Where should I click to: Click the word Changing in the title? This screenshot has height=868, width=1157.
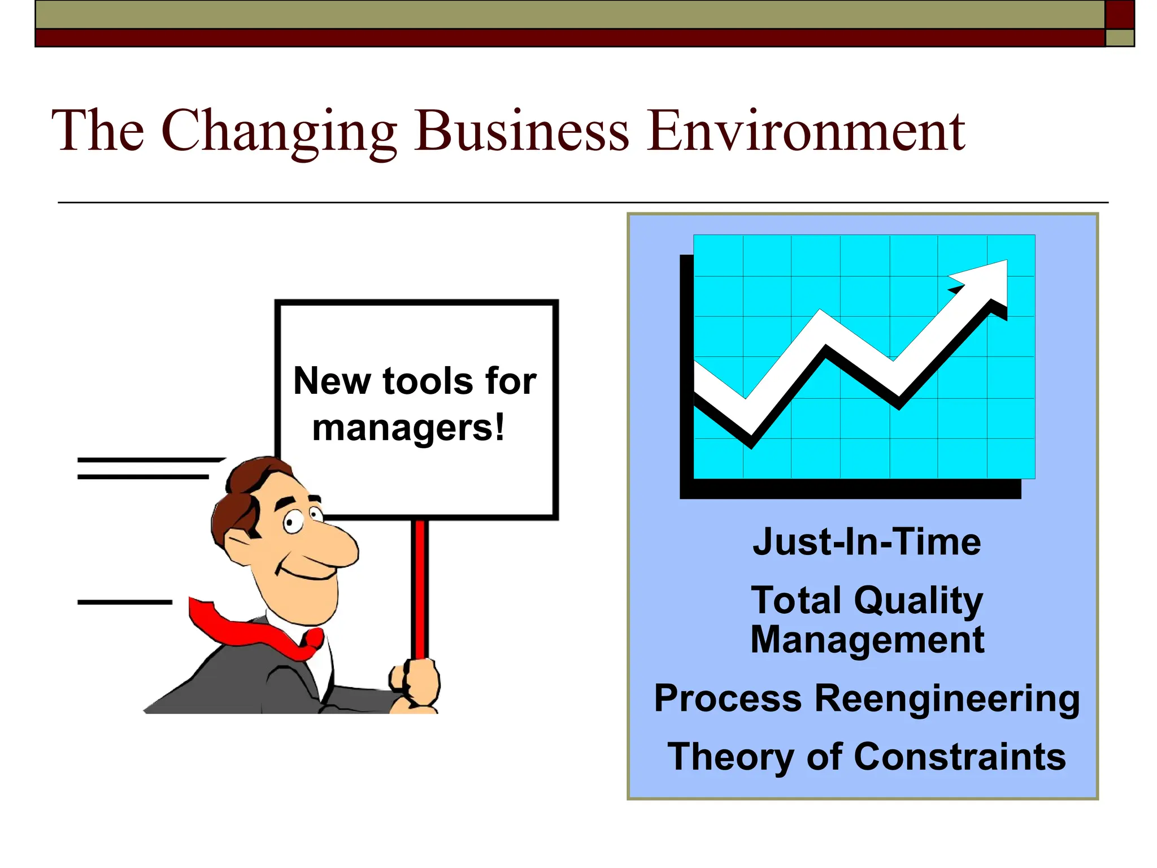(280, 132)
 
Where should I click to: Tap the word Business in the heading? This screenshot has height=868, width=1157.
(521, 132)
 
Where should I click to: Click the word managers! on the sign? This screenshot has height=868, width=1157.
(408, 428)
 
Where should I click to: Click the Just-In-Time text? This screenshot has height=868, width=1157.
(867, 542)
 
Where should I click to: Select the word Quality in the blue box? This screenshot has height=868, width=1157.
(919, 600)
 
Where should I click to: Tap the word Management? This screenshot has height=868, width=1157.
(867, 640)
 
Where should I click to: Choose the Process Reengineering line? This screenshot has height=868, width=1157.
(867, 699)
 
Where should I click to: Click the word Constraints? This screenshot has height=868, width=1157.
(959, 757)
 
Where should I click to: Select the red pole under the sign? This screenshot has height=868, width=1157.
(420, 588)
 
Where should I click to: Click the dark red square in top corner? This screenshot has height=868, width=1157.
(1119, 14)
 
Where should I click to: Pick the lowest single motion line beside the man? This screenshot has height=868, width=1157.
(124, 602)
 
